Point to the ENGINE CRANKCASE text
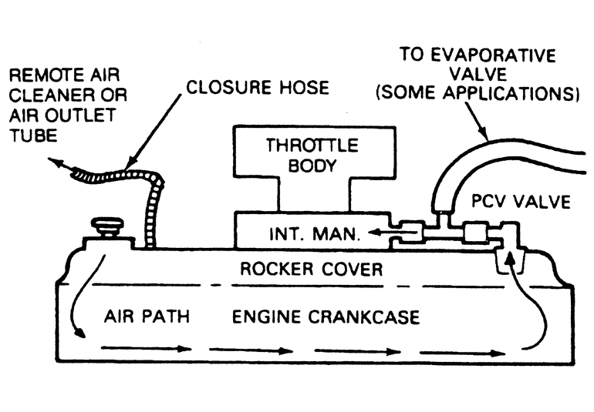326,317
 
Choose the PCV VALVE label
521,202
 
